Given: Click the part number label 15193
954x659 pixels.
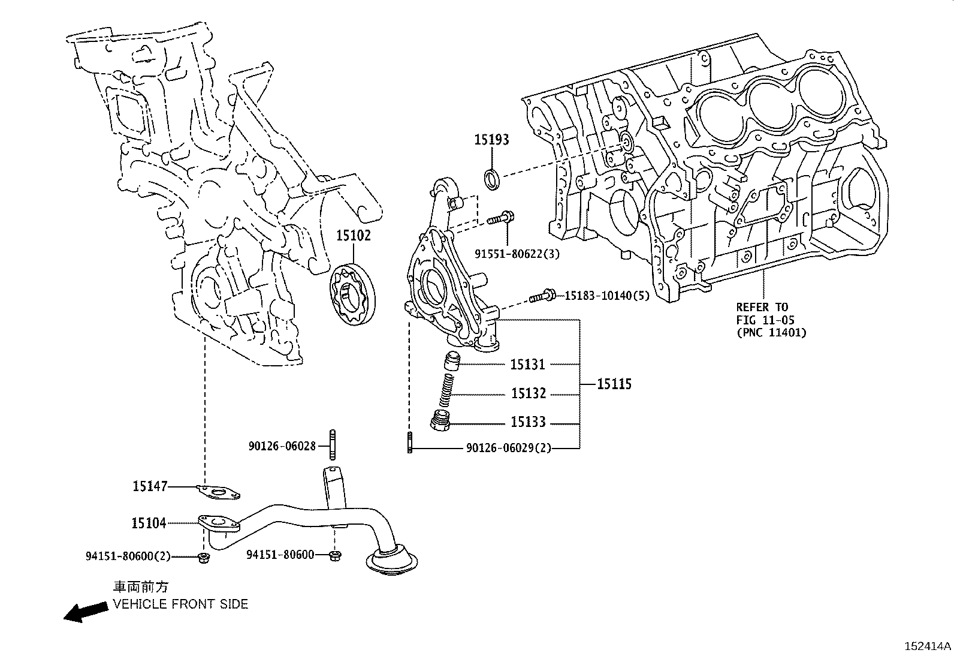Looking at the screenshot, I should [491, 140].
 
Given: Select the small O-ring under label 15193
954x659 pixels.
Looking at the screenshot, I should [492, 179].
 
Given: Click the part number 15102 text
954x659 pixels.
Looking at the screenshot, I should [353, 236].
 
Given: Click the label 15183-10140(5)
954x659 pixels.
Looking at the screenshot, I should [607, 296].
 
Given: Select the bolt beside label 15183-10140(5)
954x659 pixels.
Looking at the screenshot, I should [543, 296].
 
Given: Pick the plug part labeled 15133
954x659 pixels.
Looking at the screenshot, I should [441, 421].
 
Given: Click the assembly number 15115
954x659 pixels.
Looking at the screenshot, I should [614, 384].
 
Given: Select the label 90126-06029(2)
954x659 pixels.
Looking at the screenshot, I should [508, 448].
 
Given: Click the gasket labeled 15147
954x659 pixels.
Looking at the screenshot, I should [219, 493].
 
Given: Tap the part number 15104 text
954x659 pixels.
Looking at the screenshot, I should [149, 523].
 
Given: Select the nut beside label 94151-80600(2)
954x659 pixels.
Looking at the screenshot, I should [204, 558].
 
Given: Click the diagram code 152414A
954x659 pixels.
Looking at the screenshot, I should [927, 646].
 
